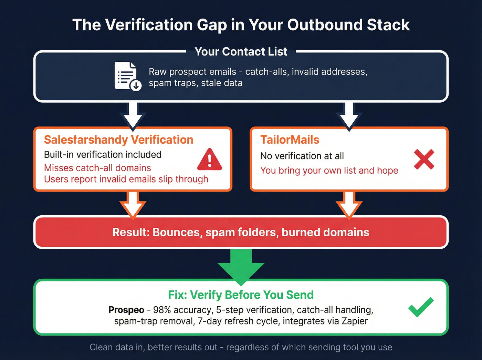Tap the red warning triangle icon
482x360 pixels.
click(209, 160)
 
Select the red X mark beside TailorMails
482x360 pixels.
click(424, 160)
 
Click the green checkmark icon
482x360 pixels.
click(421, 307)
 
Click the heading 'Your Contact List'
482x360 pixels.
click(241, 52)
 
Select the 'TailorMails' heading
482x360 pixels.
click(290, 140)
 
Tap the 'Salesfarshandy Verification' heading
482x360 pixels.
click(118, 140)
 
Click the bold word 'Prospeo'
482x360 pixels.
click(126, 310)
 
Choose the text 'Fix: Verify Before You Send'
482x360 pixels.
click(241, 295)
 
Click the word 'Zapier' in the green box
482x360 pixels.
click(355, 321)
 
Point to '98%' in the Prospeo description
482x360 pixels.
click(162, 310)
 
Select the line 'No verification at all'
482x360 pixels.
click(302, 156)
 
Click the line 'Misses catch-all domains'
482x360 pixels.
click(97, 168)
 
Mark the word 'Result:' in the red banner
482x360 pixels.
click(131, 233)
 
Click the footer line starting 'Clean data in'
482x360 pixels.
click(241, 347)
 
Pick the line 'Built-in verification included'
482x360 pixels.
click(103, 155)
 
